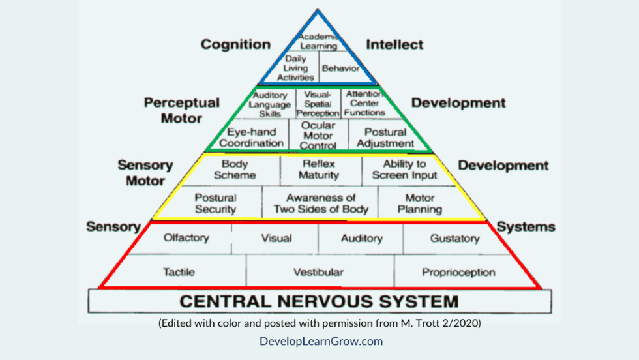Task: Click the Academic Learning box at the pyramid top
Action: click(318, 41)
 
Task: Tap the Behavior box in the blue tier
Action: click(340, 68)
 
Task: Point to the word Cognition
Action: click(235, 44)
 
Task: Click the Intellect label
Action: click(394, 44)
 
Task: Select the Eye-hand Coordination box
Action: click(251, 137)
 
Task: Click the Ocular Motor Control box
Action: click(318, 136)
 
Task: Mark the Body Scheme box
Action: click(235, 170)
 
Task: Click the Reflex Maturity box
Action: click(319, 170)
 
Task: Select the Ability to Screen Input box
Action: click(404, 170)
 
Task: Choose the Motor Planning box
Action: click(420, 203)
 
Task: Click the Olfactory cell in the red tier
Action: click(186, 238)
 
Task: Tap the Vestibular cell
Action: click(318, 272)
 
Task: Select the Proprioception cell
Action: click(458, 272)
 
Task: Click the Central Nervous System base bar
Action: click(319, 301)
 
